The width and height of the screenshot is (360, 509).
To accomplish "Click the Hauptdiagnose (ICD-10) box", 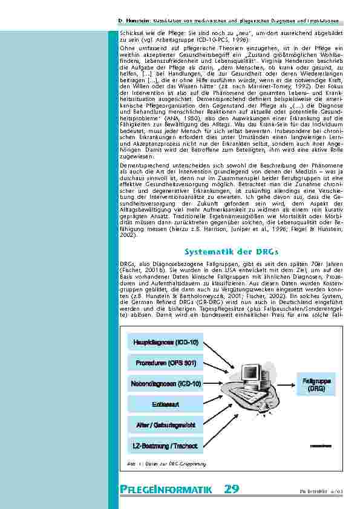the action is tap(165, 343).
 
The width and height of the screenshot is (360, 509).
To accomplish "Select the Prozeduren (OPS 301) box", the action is tap(165, 363).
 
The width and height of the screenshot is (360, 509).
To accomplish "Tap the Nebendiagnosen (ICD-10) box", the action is tap(165, 383).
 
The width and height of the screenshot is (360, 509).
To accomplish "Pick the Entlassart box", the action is tap(165, 404).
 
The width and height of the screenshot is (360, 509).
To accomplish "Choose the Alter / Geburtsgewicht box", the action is tap(165, 425).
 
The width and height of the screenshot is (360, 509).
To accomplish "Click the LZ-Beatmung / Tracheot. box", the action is tap(165, 446).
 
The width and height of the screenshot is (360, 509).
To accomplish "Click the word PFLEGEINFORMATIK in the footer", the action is tap(164, 490).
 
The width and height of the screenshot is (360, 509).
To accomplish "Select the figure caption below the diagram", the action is tap(167, 464).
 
